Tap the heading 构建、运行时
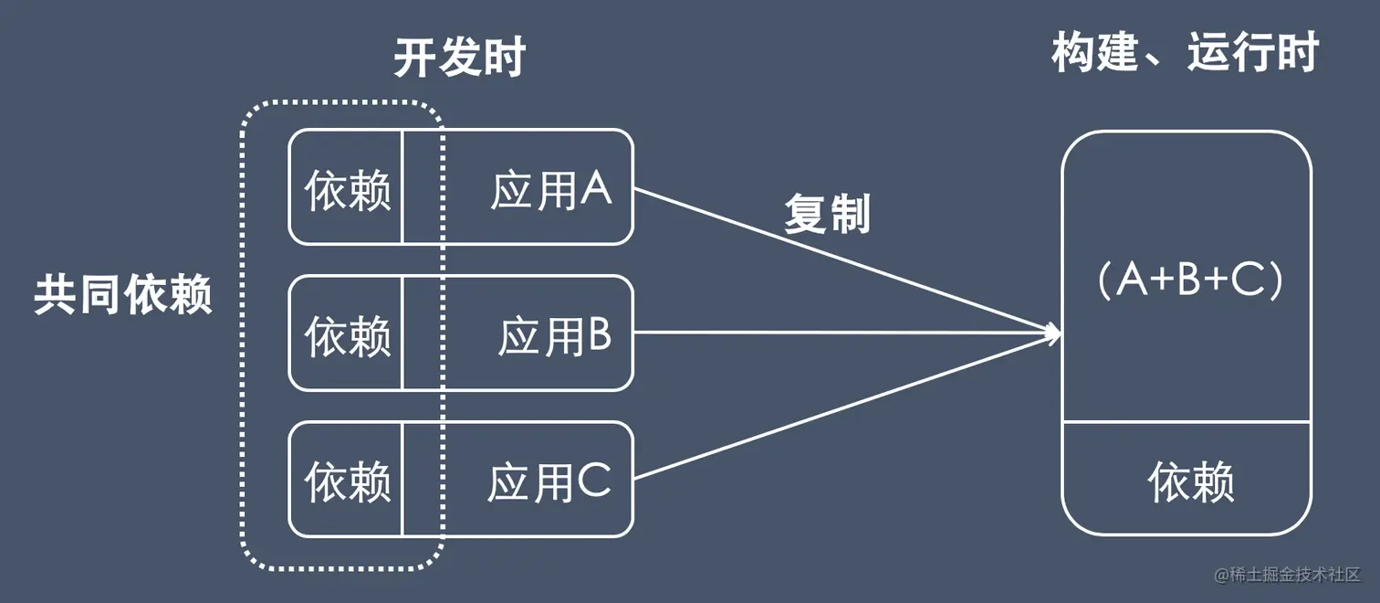(1185, 55)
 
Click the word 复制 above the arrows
(827, 216)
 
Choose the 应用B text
(554, 337)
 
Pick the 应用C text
(549, 481)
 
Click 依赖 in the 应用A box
(347, 190)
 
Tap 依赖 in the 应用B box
(347, 336)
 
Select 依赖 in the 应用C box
(347, 481)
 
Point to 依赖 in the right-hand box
(1190, 481)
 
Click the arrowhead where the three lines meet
(1055, 333)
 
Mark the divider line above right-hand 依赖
(1187, 422)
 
